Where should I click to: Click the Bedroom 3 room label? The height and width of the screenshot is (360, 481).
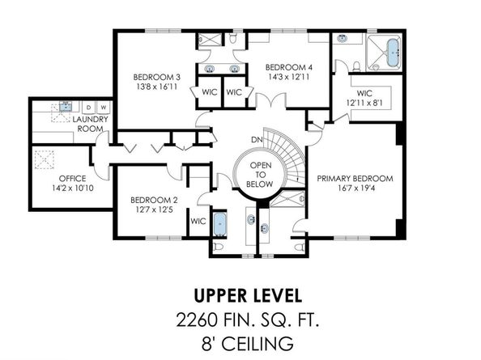tap(157, 77)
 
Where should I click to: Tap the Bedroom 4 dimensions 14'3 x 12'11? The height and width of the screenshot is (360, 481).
tap(288, 77)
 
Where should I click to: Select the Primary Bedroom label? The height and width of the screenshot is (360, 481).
tap(355, 178)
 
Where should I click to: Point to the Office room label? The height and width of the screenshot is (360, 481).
tap(72, 178)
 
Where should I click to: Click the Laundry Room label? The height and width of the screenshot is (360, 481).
tap(90, 124)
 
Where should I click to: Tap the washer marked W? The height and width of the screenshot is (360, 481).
tap(104, 108)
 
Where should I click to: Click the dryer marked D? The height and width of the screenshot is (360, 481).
tap(88, 108)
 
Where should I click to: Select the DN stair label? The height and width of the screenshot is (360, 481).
tap(257, 140)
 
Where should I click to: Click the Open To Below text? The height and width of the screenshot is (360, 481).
tap(260, 175)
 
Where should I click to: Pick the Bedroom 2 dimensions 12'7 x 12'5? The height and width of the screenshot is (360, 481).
tap(154, 210)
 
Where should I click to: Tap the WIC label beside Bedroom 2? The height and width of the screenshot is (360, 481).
tap(198, 221)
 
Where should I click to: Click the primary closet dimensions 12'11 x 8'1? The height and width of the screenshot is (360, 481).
tap(364, 103)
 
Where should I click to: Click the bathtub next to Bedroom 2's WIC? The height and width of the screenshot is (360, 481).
tap(219, 224)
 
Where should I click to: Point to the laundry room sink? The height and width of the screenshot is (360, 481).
tap(66, 107)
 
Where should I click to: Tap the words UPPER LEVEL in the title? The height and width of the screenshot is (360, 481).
tap(248, 295)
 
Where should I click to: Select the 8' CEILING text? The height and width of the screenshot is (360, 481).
tap(247, 344)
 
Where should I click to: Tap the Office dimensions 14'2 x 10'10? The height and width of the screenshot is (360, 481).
tap(72, 188)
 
